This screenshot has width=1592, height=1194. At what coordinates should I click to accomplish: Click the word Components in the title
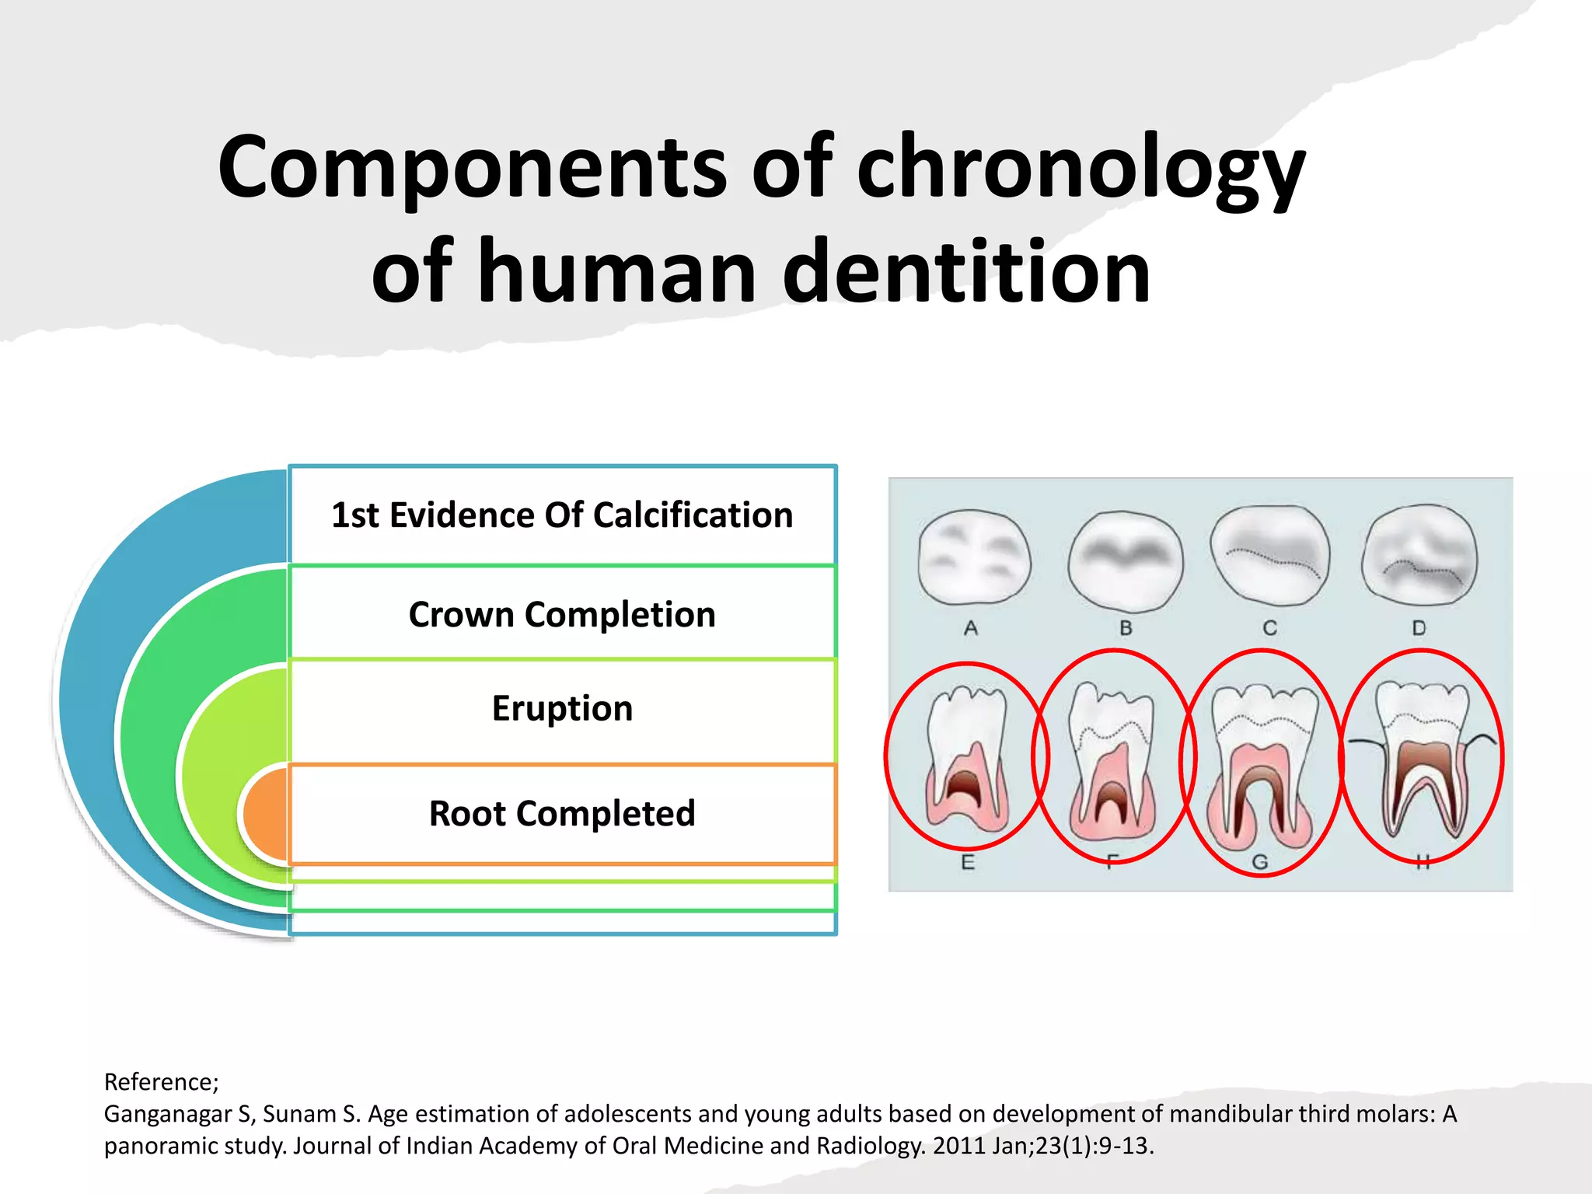click(x=471, y=168)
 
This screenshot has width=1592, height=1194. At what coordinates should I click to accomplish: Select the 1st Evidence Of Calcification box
click(x=562, y=515)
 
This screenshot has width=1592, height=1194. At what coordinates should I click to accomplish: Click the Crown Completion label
click(x=562, y=615)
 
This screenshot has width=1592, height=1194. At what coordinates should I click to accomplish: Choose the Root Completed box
click(x=562, y=814)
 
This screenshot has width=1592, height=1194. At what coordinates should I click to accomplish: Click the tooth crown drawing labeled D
click(x=1419, y=553)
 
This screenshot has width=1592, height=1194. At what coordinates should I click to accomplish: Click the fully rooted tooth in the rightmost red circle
click(x=1422, y=757)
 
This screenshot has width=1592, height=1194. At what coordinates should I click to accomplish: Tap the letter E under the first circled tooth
click(x=968, y=862)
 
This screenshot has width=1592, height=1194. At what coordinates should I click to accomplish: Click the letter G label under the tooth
click(x=1260, y=862)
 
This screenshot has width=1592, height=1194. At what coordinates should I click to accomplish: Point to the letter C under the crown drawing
click(x=1269, y=628)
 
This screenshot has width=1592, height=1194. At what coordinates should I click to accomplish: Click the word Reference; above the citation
click(x=162, y=1082)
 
